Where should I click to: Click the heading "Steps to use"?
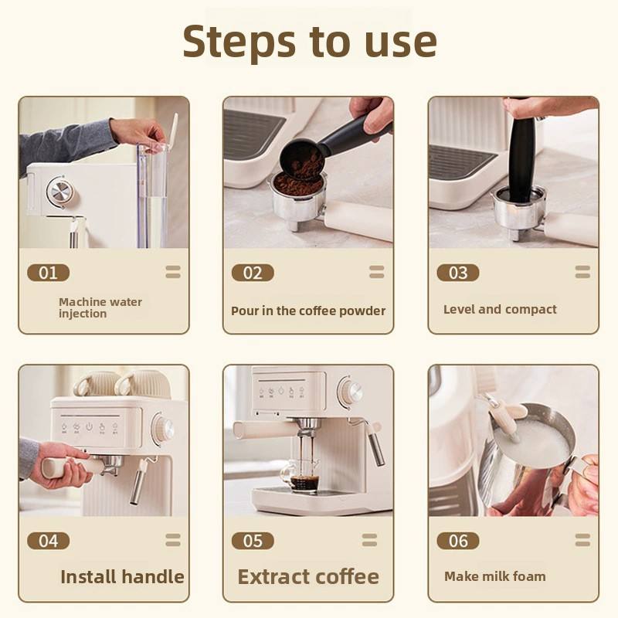click(x=310, y=42)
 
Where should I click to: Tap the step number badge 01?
click(x=49, y=273)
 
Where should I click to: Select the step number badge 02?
click(x=253, y=273)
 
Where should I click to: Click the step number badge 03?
click(x=458, y=273)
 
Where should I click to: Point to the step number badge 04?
click(x=49, y=541)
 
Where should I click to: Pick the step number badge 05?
click(x=253, y=541)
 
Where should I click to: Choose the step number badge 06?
click(x=458, y=541)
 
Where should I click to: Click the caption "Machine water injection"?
click(x=100, y=307)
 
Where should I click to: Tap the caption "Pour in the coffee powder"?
click(x=308, y=311)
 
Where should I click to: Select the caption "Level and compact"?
click(x=500, y=310)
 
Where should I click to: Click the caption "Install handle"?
click(x=122, y=576)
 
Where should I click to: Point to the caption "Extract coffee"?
click(x=308, y=576)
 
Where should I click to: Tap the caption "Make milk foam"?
click(x=495, y=576)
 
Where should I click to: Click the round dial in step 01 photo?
click(x=60, y=192)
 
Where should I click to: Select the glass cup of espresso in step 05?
click(x=304, y=476)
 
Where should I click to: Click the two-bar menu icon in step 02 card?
click(x=376, y=272)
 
